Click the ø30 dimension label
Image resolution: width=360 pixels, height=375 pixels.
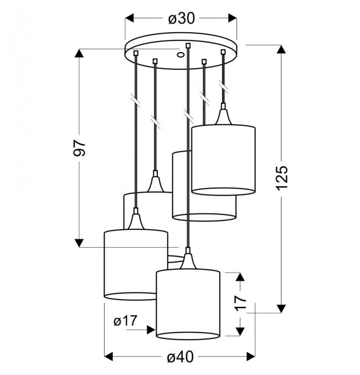182,18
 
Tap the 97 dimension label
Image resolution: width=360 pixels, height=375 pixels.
79,148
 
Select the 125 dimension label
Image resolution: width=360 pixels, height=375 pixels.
282,178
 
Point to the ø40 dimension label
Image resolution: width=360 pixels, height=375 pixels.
180,357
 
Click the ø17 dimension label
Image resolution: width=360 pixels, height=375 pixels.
126,321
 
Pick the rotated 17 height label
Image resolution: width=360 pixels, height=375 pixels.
240,303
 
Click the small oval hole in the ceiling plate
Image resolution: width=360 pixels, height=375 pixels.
181,55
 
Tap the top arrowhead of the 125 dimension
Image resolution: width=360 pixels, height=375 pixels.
281,49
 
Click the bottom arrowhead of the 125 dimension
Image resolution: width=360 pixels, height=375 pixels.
281,309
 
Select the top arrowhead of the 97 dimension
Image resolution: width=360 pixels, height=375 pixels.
79,53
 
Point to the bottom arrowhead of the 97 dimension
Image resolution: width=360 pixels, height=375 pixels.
79,243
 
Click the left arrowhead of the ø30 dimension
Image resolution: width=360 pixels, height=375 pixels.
130,18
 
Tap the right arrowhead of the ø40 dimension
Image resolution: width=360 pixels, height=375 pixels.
251,357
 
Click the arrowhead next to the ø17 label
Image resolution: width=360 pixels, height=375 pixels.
151,330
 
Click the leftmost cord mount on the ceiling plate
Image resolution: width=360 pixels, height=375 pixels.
136,53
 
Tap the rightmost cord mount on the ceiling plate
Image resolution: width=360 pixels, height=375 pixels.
223,52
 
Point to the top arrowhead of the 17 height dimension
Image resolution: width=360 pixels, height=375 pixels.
240,277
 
